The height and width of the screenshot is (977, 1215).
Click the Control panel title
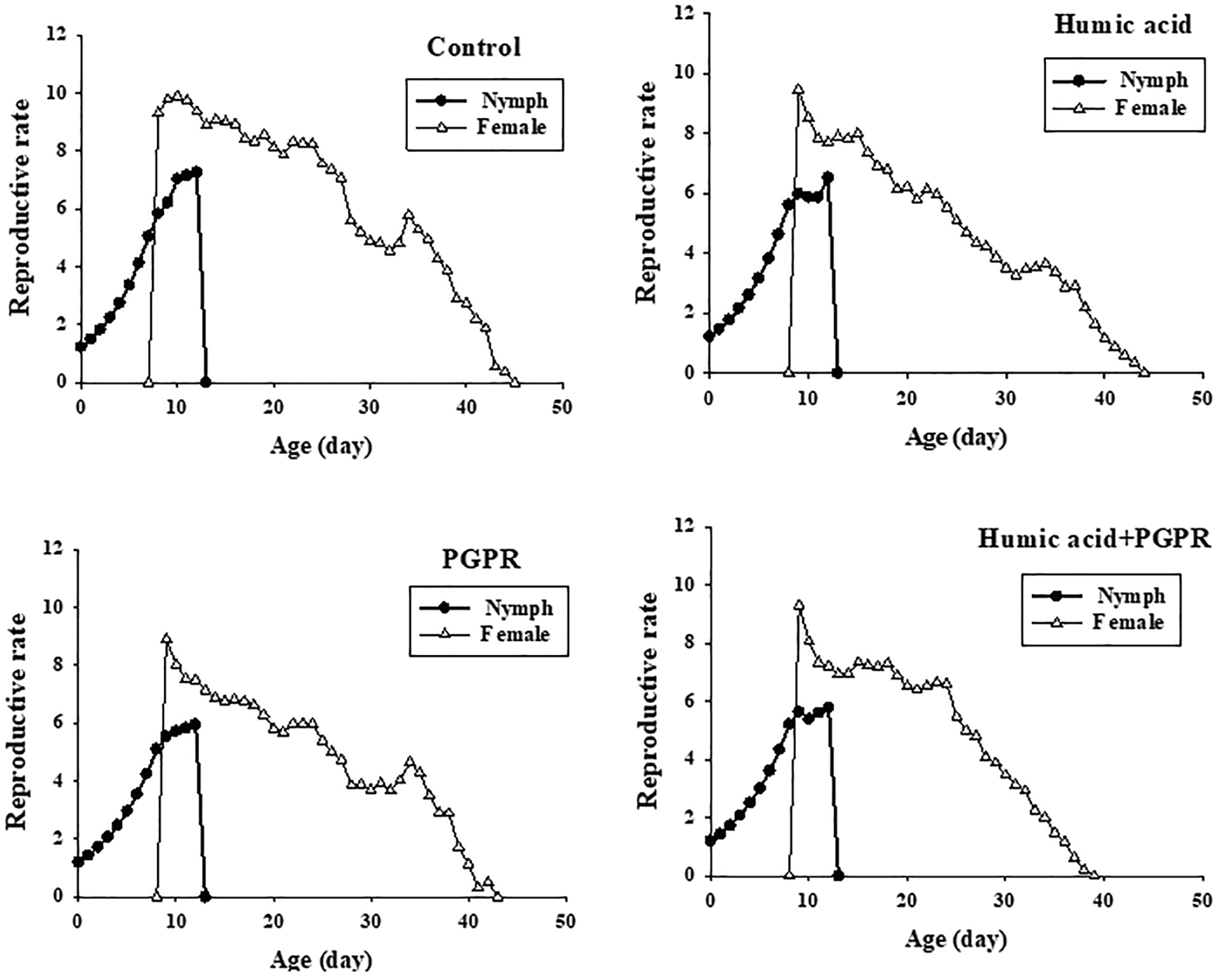click(474, 47)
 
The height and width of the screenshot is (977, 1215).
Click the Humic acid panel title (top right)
click(1122, 24)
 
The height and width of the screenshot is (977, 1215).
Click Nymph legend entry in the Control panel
click(516, 101)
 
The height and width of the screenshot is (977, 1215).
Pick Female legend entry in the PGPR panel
click(515, 634)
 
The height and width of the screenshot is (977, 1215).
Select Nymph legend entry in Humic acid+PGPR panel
click(1131, 596)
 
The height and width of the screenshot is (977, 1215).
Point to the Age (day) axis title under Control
click(322, 447)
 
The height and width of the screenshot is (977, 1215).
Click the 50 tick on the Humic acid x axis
click(1202, 397)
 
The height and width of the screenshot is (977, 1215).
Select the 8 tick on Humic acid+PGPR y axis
click(688, 643)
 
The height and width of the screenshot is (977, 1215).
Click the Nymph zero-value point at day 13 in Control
click(206, 382)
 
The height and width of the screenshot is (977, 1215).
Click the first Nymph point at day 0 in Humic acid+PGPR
click(710, 841)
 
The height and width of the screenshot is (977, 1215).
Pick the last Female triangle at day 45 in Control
click(515, 382)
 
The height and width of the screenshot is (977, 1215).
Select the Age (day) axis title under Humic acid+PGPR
click(955, 941)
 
